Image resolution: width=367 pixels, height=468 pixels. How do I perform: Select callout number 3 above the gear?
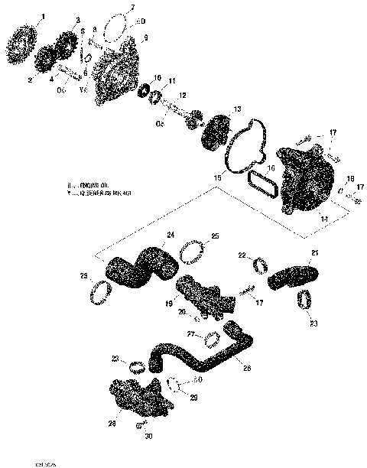coord(78,19)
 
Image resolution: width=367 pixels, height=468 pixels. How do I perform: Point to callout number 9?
coord(146,37)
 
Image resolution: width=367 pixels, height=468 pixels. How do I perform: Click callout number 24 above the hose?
coord(171,234)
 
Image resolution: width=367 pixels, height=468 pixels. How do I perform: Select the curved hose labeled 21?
coord(291,276)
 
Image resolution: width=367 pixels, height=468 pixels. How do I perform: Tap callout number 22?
coord(241,255)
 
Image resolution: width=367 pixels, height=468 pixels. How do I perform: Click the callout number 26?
coord(245,368)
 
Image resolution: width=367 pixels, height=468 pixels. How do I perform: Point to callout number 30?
coord(148,438)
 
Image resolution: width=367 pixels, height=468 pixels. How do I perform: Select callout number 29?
coord(193,398)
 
